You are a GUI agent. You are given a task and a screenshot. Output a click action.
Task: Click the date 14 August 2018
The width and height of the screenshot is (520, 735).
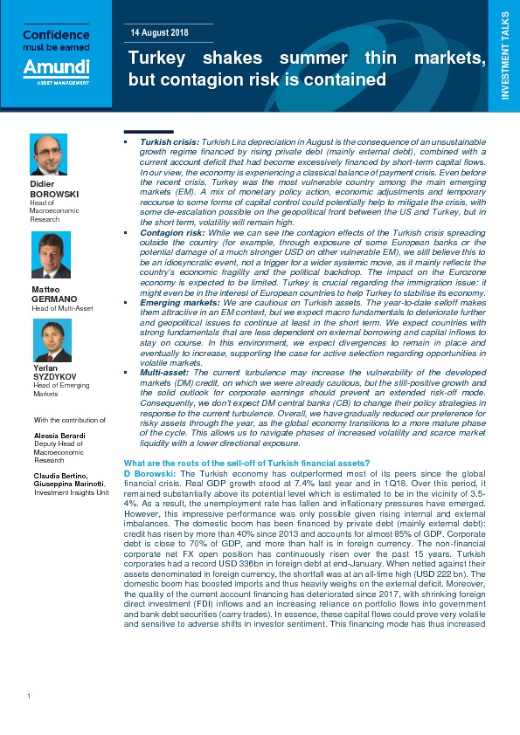click(161, 32)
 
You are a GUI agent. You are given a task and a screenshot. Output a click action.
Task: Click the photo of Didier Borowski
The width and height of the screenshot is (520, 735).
click(49, 155)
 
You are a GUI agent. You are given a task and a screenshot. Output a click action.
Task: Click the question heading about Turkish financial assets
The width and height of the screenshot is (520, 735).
click(247, 462)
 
